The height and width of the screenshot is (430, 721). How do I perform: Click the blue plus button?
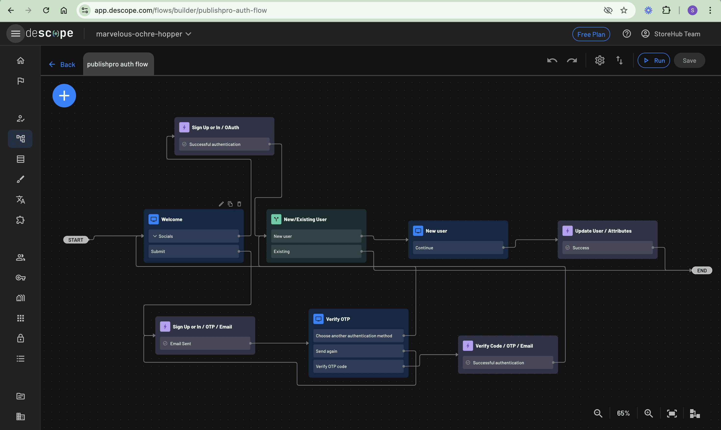[x=64, y=96]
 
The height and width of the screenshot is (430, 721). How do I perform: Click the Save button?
[x=689, y=61]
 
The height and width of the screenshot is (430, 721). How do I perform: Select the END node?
[x=702, y=270]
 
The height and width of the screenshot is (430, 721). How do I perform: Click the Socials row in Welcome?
[x=193, y=236]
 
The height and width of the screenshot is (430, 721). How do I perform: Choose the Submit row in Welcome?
[x=193, y=252]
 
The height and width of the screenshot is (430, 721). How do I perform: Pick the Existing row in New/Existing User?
[x=316, y=252]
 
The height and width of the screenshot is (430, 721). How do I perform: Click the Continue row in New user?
[x=458, y=248]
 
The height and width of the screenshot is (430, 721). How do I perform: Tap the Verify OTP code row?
[x=358, y=367]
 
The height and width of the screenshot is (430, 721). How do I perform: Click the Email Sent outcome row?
[x=205, y=344]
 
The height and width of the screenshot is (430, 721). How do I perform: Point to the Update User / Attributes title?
[x=603, y=231]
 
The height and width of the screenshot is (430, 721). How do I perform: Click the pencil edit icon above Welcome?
[x=221, y=204]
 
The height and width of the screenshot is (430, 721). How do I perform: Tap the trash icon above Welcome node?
[x=239, y=204]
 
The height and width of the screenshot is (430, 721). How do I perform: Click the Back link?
[x=62, y=64]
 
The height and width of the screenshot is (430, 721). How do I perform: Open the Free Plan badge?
[x=591, y=34]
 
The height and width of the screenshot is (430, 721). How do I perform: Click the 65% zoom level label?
[x=623, y=413]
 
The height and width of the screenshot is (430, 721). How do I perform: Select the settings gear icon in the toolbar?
[x=600, y=61]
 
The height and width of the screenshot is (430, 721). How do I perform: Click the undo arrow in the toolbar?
[x=552, y=61]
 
